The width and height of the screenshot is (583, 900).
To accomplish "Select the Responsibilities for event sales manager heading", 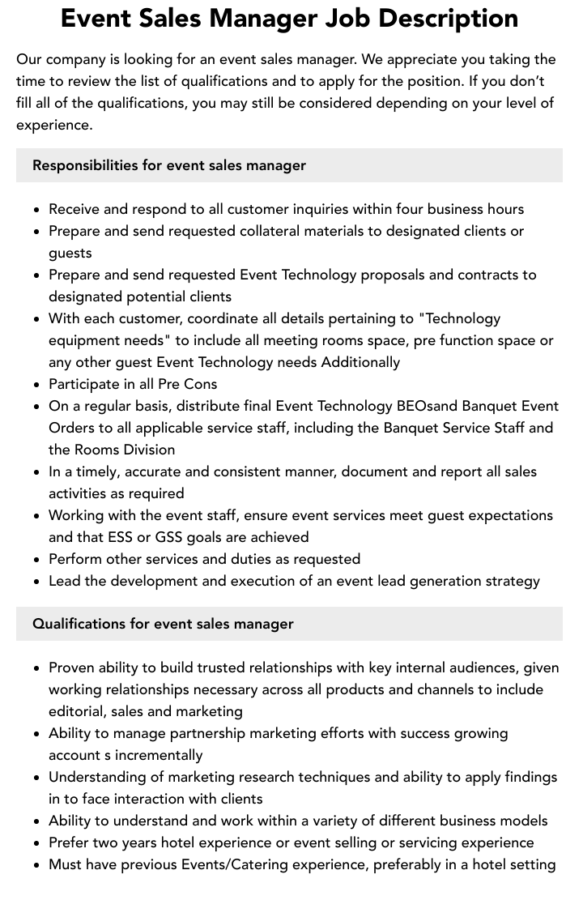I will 169,165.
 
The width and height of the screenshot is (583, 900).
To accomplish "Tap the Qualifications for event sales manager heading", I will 163,624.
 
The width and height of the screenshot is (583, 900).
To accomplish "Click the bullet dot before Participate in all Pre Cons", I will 37,385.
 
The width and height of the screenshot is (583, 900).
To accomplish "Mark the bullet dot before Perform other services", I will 37,560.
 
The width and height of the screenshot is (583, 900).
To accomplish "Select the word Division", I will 148,450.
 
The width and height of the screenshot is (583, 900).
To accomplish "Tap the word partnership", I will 204,733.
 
